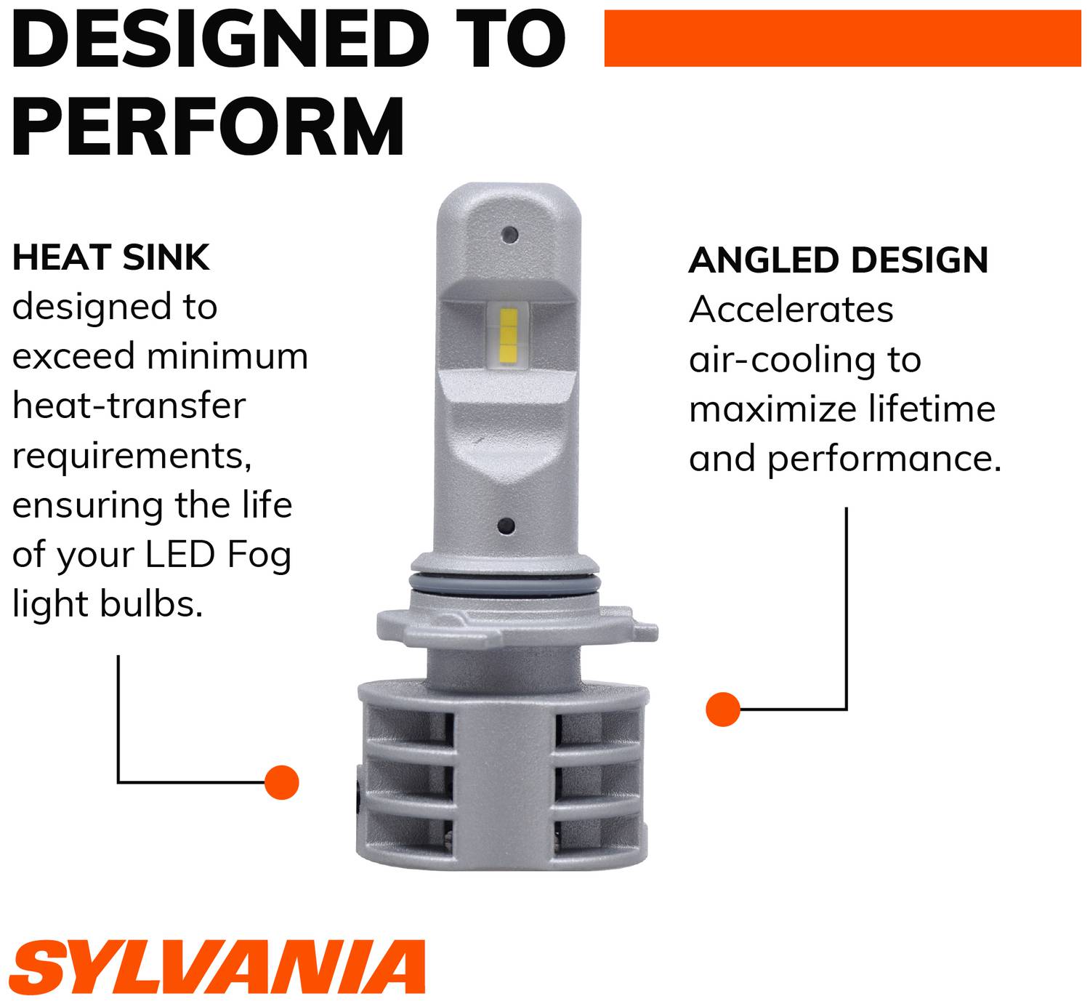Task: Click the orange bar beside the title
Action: [x=842, y=38]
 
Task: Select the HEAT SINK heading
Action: [x=111, y=258]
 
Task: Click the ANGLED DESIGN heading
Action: [x=839, y=260]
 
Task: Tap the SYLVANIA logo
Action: [x=218, y=965]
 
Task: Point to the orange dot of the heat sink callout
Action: [x=282, y=782]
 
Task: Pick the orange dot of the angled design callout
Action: [x=722, y=708]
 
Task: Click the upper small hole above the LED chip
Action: [x=510, y=234]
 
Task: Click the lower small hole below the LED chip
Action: [x=507, y=526]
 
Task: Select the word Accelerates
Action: [x=791, y=310]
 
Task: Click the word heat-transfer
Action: [x=129, y=406]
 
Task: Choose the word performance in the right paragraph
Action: [x=884, y=459]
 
